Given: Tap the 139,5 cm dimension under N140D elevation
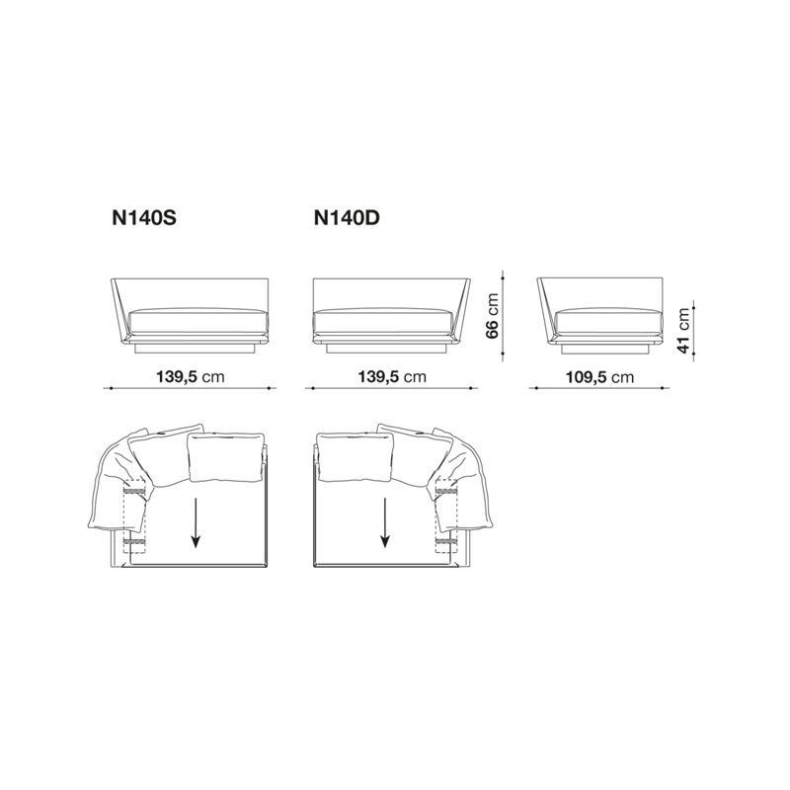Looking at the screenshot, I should (391, 376).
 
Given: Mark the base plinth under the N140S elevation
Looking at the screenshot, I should (197, 350).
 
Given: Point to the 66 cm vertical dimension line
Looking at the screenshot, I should (504, 316).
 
